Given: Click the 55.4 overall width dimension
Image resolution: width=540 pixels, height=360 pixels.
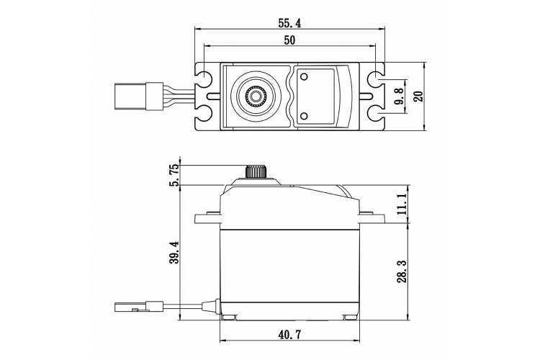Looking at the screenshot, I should [x=289, y=23].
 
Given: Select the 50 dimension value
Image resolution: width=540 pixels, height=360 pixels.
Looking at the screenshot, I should [x=289, y=41].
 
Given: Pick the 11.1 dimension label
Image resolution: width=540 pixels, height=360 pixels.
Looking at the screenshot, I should [x=402, y=203].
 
